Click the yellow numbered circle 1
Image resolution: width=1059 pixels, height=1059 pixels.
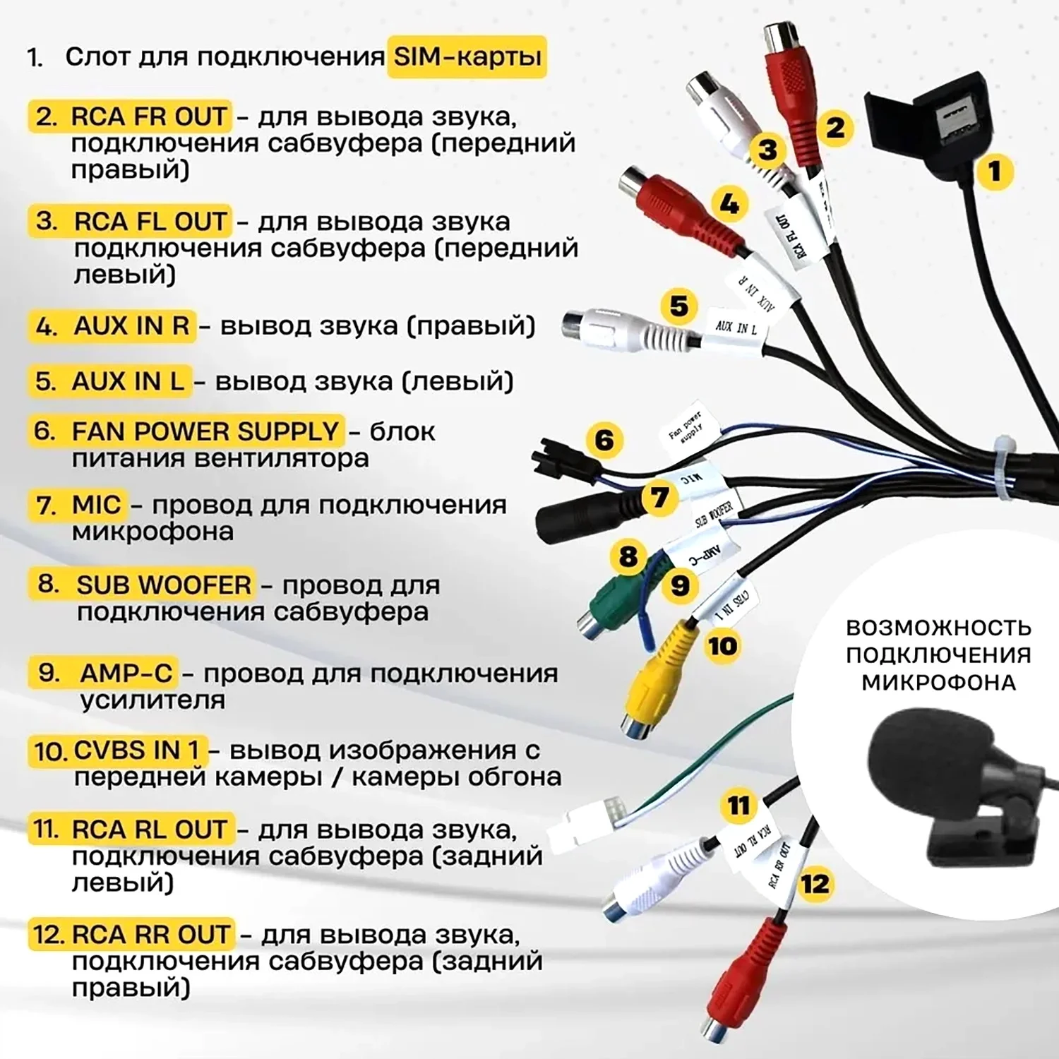tap(994, 172)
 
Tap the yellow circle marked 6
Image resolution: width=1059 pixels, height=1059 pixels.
tap(604, 440)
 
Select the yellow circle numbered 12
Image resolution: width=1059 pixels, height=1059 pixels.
tap(815, 884)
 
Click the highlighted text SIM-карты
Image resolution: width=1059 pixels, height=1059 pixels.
tap(467, 56)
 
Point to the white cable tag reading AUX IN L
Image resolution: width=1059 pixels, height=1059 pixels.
tap(736, 329)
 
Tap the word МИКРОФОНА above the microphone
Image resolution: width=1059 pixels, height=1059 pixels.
tap(938, 683)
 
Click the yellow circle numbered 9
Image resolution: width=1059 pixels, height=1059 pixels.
tap(679, 586)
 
